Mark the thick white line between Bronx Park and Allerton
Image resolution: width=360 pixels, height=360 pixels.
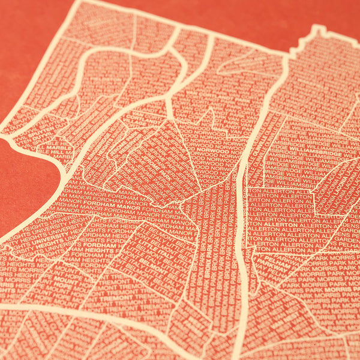pos(241,240)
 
